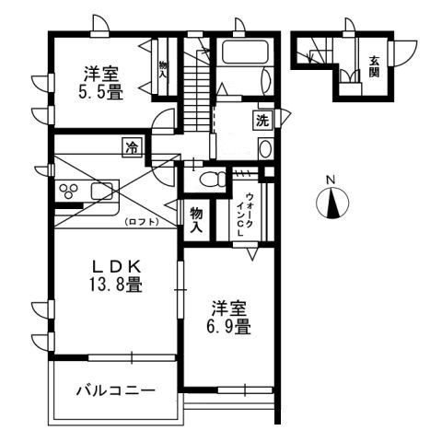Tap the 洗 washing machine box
pyautogui.click(x=262, y=119)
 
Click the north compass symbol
pyautogui.click(x=332, y=204)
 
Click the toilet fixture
pyautogui.click(x=211, y=180)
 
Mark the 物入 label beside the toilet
pyautogui.click(x=196, y=216)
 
